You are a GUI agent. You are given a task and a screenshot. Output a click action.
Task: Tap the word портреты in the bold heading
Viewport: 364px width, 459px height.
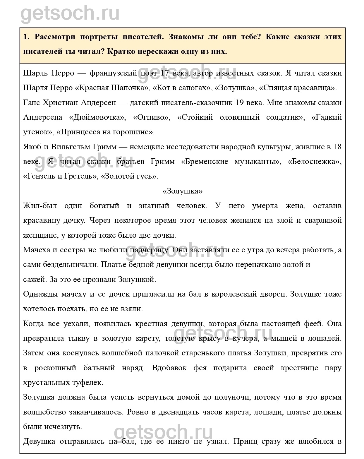[x=99, y=37]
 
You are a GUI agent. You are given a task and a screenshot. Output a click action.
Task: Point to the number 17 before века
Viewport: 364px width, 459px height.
[x=165, y=73]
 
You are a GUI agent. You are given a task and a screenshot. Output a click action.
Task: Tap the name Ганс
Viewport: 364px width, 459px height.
[x=32, y=103]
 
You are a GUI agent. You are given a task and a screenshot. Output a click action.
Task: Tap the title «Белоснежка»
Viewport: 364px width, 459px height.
[x=315, y=162]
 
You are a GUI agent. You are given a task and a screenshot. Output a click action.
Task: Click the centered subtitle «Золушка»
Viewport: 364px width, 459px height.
[x=182, y=191]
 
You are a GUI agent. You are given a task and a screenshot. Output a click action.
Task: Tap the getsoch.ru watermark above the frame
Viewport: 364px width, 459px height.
[x=70, y=12]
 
